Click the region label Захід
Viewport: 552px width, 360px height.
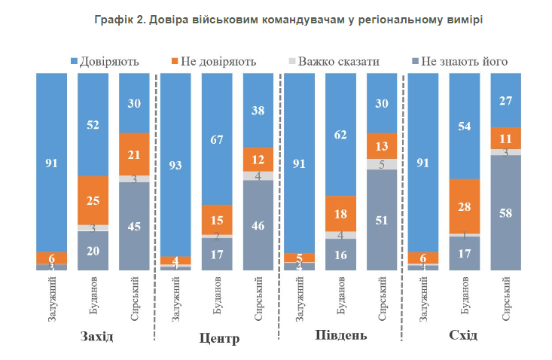pyautogui.click(x=96, y=336)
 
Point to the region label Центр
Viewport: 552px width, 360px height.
pyautogui.click(x=221, y=338)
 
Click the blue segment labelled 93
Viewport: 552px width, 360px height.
pyautogui.click(x=175, y=164)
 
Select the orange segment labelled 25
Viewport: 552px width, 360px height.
pyautogui.click(x=94, y=200)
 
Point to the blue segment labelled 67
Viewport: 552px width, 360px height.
pyautogui.click(x=217, y=139)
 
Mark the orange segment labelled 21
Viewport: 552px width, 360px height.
pyautogui.click(x=135, y=154)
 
